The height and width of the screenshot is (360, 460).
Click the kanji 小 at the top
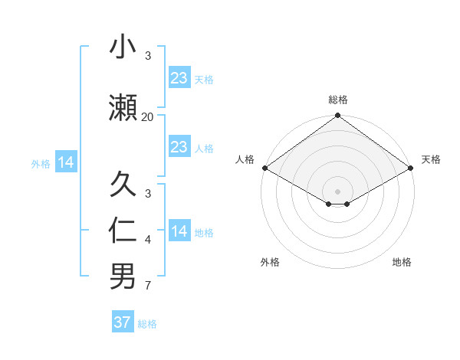(123, 47)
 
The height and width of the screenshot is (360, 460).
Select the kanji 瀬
(123, 108)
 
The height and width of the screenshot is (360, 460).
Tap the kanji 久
(123, 185)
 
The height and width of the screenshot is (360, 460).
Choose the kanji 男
(123, 277)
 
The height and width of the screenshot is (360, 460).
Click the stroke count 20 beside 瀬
(147, 116)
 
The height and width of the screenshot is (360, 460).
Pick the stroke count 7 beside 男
(147, 286)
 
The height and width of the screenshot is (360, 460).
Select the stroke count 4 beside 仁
(147, 240)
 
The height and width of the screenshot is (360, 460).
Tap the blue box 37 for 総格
(123, 322)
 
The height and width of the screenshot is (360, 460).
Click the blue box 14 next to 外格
(66, 162)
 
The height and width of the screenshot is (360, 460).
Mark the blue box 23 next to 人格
(179, 147)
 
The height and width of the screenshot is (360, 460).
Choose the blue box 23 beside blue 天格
(179, 77)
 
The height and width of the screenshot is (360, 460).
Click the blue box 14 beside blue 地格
(179, 231)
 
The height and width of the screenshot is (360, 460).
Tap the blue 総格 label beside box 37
(147, 323)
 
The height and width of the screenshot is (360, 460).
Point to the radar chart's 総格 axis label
(337, 100)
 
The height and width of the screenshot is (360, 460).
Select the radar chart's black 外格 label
(270, 262)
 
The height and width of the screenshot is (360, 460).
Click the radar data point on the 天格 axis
(412, 168)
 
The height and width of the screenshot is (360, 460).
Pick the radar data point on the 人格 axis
(264, 168)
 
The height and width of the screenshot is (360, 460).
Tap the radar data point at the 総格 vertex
(337, 116)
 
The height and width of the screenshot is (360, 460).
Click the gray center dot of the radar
(337, 190)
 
